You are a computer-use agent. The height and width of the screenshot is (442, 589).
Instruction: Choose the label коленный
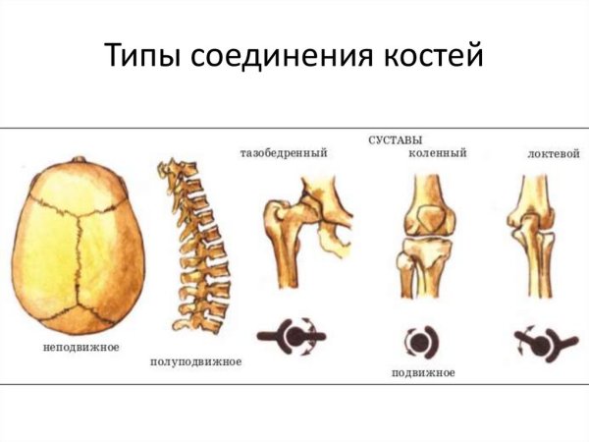coord(437,154)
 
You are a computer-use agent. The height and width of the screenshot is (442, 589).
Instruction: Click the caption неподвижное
coord(81,348)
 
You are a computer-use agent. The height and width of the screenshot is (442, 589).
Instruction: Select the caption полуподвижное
coord(195,361)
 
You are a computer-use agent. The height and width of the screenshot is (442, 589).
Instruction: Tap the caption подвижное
coord(422,374)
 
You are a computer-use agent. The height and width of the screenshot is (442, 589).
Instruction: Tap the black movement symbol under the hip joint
coord(294,337)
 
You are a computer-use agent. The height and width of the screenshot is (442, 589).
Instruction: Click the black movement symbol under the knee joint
coord(420,341)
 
